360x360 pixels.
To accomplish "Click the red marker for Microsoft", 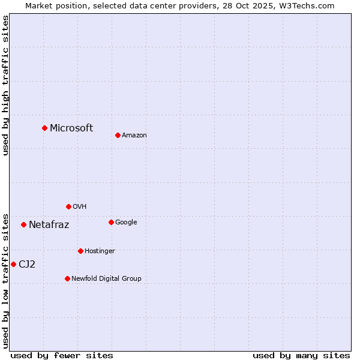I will pos(44,128).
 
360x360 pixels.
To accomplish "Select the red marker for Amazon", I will pos(118,135).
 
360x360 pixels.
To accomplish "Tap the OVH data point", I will pos(68,206).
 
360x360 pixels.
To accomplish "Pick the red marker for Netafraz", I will pos(23,224).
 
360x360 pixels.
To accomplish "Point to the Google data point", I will pos(111,222).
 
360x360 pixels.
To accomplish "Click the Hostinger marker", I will pos(80,251).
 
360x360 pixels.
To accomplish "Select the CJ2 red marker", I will pos(13,264).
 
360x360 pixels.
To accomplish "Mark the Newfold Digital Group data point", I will pos(67,278).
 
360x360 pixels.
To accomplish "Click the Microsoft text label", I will pos(71,128).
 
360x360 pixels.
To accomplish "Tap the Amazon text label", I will pos(134,136).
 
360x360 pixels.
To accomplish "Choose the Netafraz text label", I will pos(49,225).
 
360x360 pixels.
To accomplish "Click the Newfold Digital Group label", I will pos(106,278).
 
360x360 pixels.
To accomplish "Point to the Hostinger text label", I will pos(100,251).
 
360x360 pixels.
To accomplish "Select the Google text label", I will pos(126,222).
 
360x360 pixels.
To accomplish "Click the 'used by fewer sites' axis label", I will pos(62,355).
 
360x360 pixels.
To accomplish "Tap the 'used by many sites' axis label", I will pos(301,355).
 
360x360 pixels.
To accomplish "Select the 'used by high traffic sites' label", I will pos(5,85).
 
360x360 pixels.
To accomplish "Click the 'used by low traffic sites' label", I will pos(5,280).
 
